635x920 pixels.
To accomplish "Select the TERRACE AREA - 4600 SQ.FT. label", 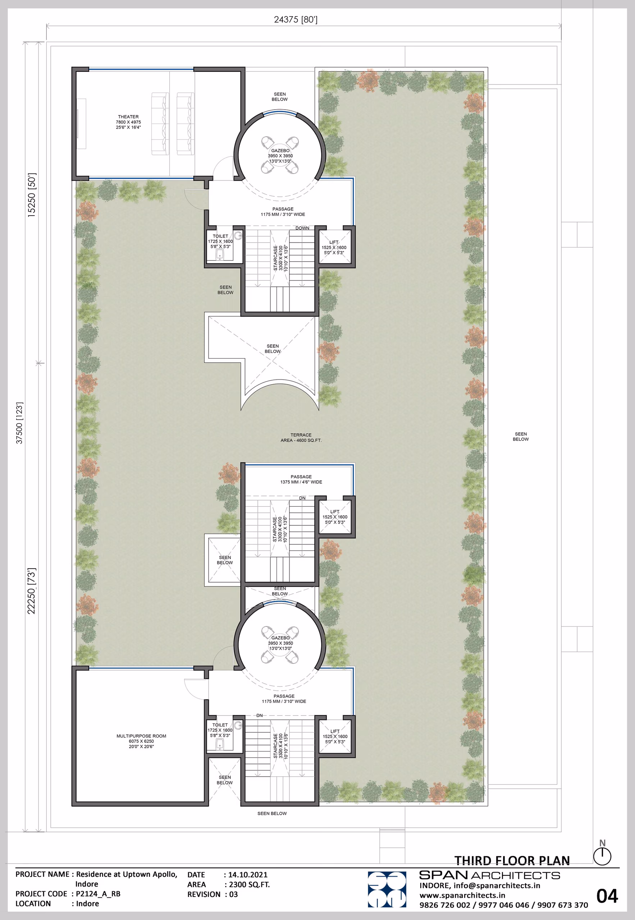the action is coord(301,437).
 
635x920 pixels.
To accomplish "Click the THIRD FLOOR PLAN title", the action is coord(512,860).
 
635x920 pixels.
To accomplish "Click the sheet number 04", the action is coord(607,896).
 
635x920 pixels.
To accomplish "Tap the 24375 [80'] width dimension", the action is coord(296,19).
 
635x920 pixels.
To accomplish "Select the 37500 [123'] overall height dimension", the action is coord(19,423).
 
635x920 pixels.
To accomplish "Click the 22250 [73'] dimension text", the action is coord(31,591).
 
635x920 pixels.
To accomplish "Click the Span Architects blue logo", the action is coord(387,890).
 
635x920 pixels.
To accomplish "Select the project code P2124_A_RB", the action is coord(98,894).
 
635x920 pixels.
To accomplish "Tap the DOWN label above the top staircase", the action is coord(302,228).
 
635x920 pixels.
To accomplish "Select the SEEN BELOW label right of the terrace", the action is coord(520,437).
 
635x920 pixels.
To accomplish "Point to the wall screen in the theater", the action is coord(82,124).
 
